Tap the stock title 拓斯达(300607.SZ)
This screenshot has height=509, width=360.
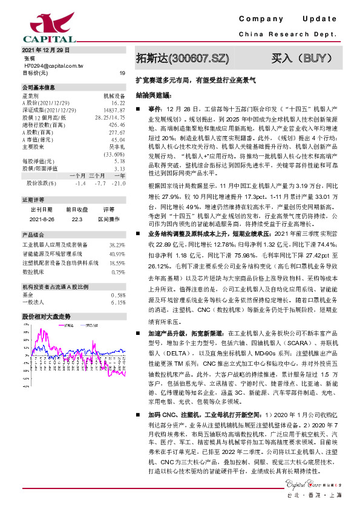[183, 59]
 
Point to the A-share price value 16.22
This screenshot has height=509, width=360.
[118, 103]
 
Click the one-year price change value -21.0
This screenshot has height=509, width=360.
[119, 183]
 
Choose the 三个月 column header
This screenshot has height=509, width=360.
[97, 175]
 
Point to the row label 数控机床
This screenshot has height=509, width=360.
[34, 272]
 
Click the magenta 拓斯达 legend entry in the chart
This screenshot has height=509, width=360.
[67, 325]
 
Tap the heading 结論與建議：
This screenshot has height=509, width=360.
[154, 95]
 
